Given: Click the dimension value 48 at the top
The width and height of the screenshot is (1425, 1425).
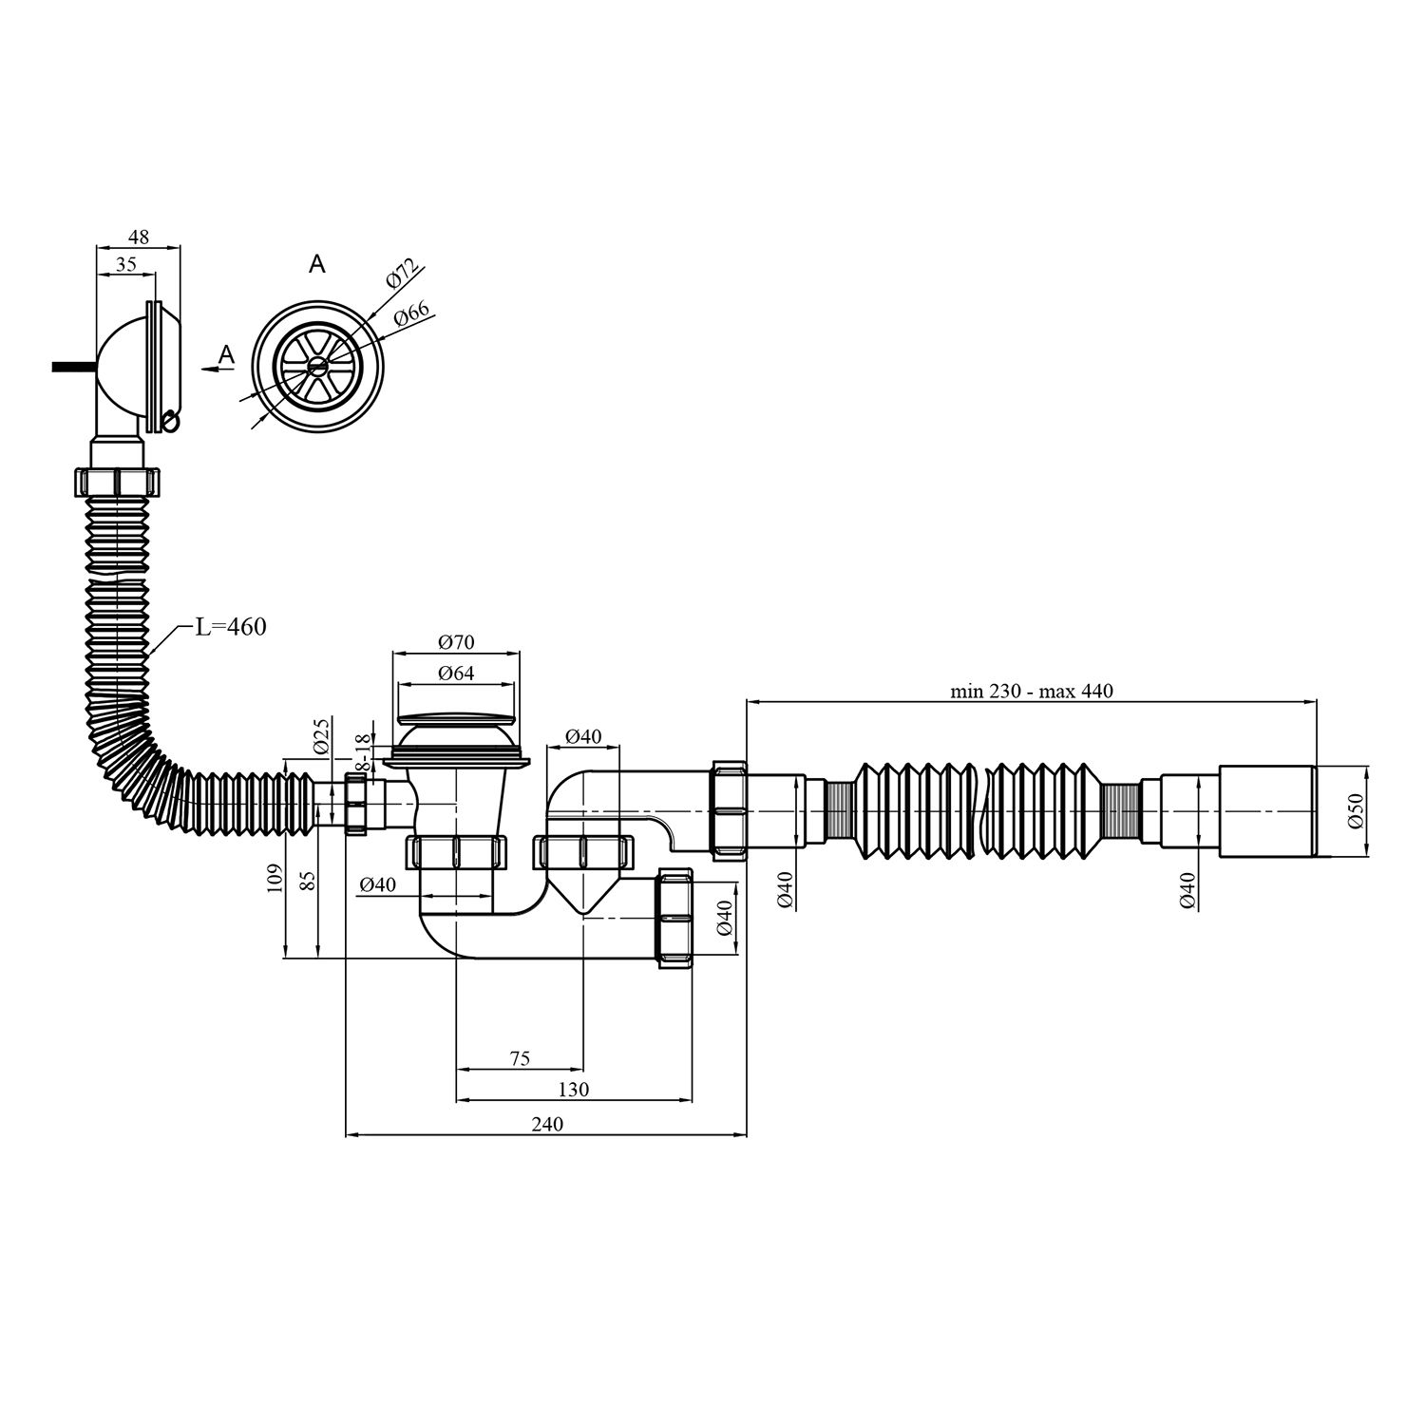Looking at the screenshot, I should [139, 237].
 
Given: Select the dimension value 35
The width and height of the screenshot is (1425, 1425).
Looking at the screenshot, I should [125, 265].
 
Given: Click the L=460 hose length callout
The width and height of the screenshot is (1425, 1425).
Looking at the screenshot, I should [231, 626].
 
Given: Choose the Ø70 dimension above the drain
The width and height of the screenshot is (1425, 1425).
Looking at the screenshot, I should [457, 642].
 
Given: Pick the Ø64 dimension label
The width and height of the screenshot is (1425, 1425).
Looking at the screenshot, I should [457, 674].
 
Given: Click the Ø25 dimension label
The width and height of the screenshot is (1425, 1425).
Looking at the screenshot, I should [320, 735].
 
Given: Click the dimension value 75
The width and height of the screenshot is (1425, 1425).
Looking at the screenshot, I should [520, 1058].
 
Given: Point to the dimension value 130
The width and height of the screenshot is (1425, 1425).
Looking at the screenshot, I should [574, 1090].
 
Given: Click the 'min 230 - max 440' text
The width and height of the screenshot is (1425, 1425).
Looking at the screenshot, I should [1032, 692].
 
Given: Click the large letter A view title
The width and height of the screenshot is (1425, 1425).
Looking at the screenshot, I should [317, 263].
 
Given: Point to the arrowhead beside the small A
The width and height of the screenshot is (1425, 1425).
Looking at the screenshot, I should [207, 370].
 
